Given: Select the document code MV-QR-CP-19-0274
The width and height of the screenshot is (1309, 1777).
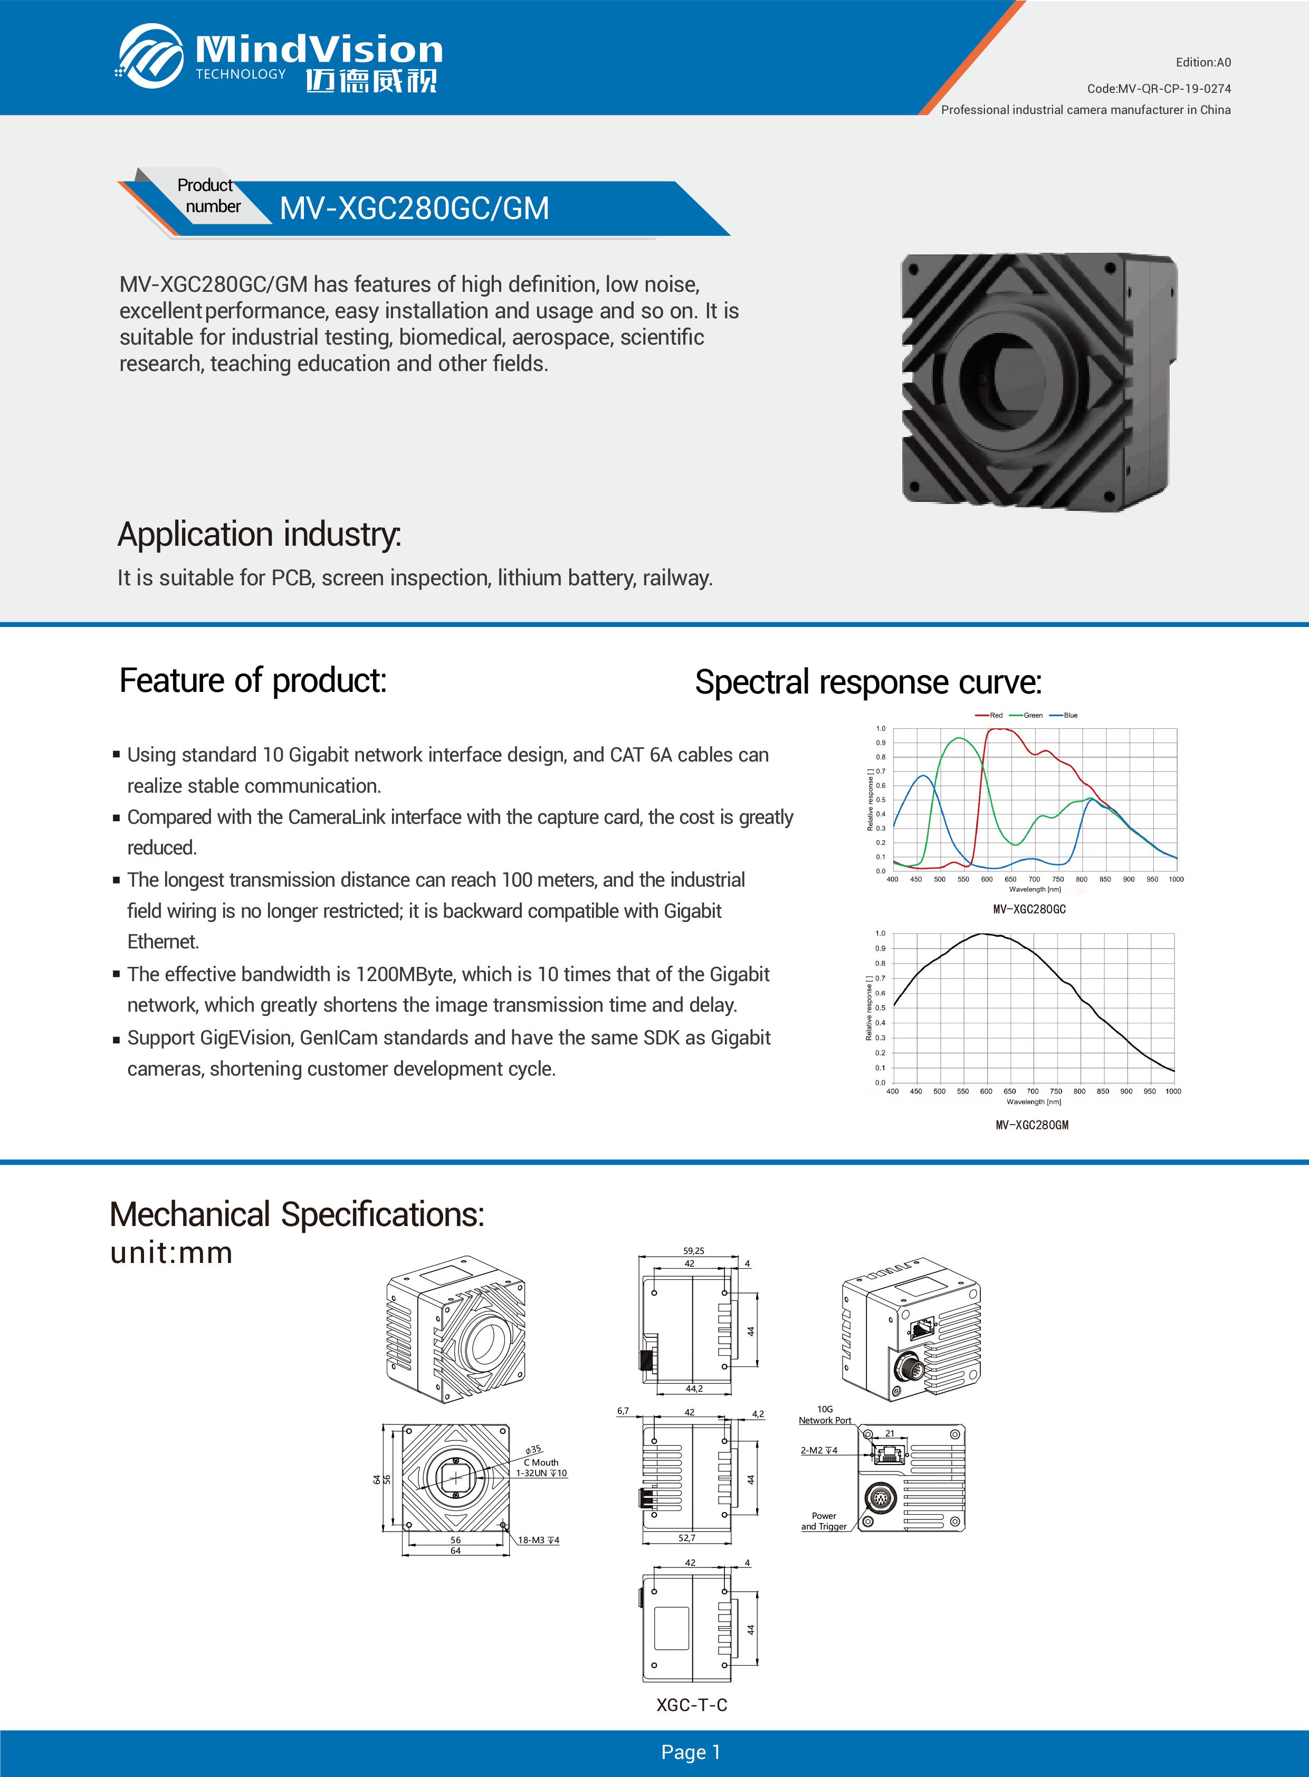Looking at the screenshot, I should click(1159, 89).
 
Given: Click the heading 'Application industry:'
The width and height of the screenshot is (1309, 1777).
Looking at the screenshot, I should click(259, 534).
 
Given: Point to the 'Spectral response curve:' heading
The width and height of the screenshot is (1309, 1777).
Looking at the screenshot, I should click(868, 682).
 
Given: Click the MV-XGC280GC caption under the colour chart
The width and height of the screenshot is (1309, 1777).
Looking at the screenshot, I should click(1029, 909).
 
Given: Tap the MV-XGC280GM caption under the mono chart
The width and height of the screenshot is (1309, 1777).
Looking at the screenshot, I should click(1031, 1125).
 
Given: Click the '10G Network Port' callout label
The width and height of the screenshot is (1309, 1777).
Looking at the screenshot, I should click(825, 1415).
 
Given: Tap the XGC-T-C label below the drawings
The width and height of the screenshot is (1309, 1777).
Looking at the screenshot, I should click(692, 1705).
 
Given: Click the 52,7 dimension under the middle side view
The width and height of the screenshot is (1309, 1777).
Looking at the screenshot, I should click(686, 1537).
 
